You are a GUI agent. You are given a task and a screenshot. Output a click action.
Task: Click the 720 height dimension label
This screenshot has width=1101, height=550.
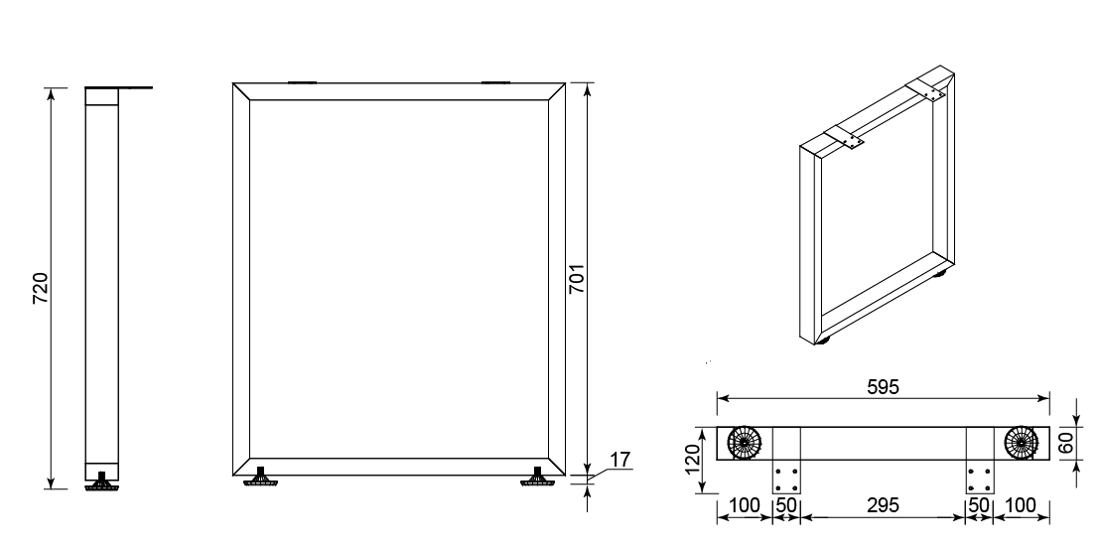pyautogui.click(x=41, y=287)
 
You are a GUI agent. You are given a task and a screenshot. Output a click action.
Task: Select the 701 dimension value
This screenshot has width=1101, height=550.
pyautogui.click(x=577, y=279)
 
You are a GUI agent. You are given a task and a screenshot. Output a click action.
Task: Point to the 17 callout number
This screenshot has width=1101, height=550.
pyautogui.click(x=620, y=460)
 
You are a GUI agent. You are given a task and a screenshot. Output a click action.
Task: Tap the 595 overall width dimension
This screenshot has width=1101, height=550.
pyautogui.click(x=883, y=387)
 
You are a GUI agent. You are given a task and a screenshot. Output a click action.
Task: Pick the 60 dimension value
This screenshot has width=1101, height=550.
pyautogui.click(x=1085, y=444)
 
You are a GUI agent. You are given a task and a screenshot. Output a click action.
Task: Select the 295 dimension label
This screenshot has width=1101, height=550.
pyautogui.click(x=883, y=505)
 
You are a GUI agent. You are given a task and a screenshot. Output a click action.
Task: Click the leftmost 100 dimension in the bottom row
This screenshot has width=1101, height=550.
pyautogui.click(x=745, y=505)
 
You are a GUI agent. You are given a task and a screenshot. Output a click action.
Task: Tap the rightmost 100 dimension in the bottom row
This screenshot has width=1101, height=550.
pyautogui.click(x=1021, y=505)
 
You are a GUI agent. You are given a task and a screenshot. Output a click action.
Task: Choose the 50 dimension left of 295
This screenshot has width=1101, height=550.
pyautogui.click(x=786, y=505)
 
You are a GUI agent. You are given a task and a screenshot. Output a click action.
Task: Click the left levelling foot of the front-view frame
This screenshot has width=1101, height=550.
pyautogui.click(x=260, y=477)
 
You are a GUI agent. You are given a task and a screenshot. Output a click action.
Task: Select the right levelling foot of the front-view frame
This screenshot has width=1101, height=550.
pyautogui.click(x=538, y=477)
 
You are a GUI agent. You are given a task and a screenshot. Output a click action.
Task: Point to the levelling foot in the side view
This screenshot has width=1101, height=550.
pyautogui.click(x=102, y=481)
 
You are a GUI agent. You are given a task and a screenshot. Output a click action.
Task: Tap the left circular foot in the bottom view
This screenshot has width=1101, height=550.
pyautogui.click(x=745, y=443)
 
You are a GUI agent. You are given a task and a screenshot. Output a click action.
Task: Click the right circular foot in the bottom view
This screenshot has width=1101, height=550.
pyautogui.click(x=1021, y=443)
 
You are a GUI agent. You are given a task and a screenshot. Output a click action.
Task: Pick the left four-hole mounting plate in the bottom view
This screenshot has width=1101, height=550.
pyautogui.click(x=786, y=477)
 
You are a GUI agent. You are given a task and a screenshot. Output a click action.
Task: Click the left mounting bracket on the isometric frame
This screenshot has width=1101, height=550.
pyautogui.click(x=845, y=137)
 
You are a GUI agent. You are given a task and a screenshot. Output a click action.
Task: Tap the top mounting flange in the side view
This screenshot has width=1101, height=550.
pyautogui.click(x=119, y=87)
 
